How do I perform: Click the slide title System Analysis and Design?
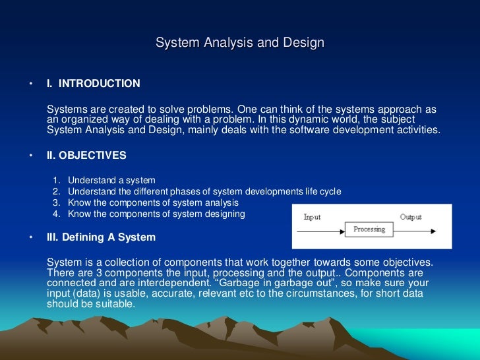240,44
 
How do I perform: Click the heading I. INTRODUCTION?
93,84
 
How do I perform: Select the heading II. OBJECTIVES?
86,156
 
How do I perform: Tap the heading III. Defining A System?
101,237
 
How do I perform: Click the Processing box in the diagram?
369,229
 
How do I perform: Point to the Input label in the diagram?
312,217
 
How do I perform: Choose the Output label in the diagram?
410,217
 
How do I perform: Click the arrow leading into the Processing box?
323,230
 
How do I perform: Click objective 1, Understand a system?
111,180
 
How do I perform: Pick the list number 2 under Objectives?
56,191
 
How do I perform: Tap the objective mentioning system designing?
156,214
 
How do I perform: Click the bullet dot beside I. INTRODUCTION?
30,84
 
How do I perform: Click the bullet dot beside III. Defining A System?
30,238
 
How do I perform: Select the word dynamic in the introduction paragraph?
313,119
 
